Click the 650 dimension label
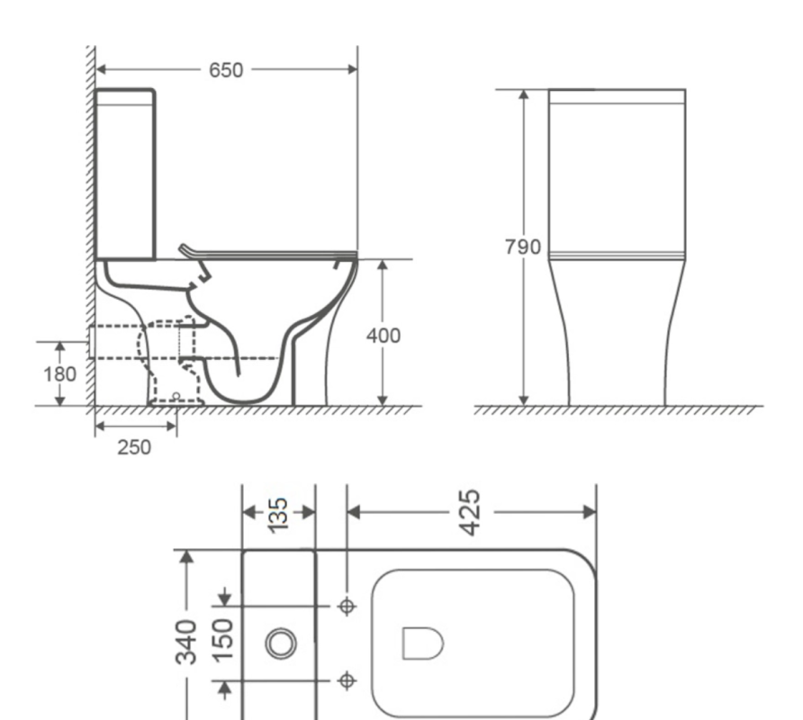[x=226, y=70]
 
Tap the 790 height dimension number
[x=522, y=247]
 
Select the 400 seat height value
[x=383, y=336]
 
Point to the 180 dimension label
[x=59, y=374]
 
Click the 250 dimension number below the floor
[x=134, y=447]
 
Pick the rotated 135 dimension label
[x=278, y=515]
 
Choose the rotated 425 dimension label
[x=471, y=513]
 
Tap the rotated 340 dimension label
[x=186, y=642]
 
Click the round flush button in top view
[x=281, y=643]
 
